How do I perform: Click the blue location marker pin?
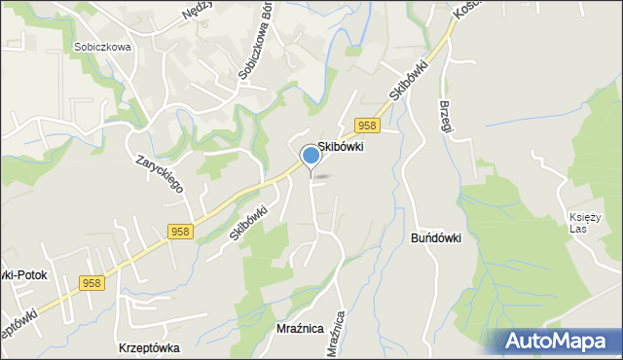(x=311, y=155)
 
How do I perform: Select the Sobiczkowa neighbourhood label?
(x=101, y=46)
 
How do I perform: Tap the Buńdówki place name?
(x=435, y=238)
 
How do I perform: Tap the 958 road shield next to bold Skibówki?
(x=366, y=126)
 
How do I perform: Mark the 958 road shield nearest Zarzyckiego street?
(x=179, y=232)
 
